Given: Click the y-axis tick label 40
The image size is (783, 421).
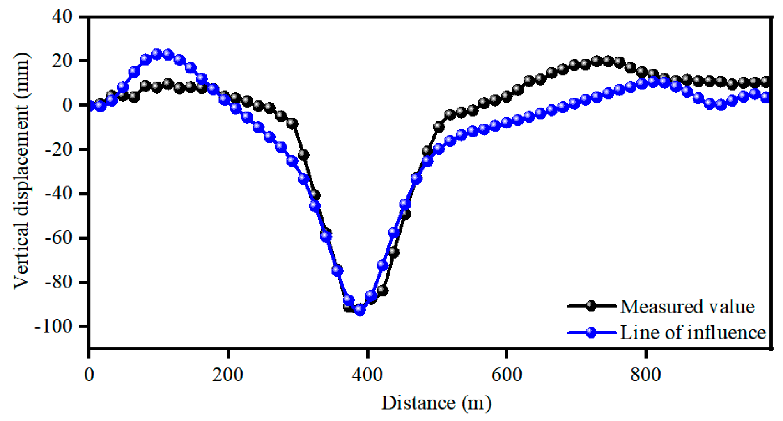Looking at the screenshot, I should (x=62, y=16).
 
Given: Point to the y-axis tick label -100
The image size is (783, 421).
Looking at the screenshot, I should (x=53, y=327).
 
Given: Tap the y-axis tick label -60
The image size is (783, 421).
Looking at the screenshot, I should (x=58, y=238).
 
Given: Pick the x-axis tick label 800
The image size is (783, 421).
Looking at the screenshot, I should (x=646, y=374).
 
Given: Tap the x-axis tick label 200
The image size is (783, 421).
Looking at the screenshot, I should (x=227, y=374).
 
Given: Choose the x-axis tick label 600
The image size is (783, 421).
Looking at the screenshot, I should (x=507, y=374).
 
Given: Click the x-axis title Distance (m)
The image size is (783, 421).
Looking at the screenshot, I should (x=436, y=403).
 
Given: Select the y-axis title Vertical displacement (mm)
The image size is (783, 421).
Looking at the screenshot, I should (x=21, y=172).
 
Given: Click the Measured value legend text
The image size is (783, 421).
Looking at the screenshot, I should (x=687, y=307).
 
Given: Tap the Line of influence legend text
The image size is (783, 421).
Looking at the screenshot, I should (x=693, y=332).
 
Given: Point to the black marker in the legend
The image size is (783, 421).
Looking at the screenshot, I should (x=591, y=306).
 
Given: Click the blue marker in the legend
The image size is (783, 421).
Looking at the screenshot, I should (x=591, y=332).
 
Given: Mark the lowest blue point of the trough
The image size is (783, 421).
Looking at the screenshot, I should (x=360, y=310).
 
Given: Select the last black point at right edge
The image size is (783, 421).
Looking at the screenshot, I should (x=765, y=82).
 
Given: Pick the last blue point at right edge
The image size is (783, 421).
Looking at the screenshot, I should (x=765, y=97).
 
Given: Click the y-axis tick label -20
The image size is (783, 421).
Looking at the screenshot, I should (x=58, y=149).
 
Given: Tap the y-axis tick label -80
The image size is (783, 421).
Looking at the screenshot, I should (x=58, y=282).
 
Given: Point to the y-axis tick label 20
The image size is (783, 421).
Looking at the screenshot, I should (x=62, y=61).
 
